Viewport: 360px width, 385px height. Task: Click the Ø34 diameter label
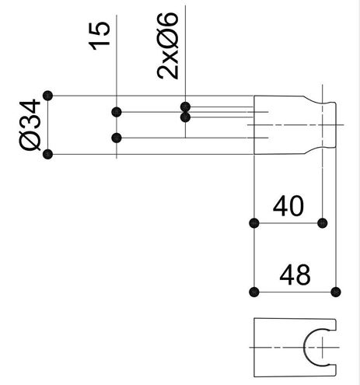(x=30, y=124)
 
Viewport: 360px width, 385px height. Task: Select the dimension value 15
(x=100, y=36)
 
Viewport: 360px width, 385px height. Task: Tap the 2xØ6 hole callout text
(x=168, y=46)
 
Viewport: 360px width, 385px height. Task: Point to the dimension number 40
(x=288, y=206)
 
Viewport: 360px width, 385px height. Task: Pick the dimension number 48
(x=295, y=275)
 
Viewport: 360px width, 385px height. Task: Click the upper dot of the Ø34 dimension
(x=47, y=96)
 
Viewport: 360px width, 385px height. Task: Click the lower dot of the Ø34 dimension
(x=47, y=154)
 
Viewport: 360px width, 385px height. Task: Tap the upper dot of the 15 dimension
(x=117, y=112)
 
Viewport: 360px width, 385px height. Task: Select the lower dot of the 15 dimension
(x=117, y=138)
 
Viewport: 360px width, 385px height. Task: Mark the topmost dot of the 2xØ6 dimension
(x=185, y=107)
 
